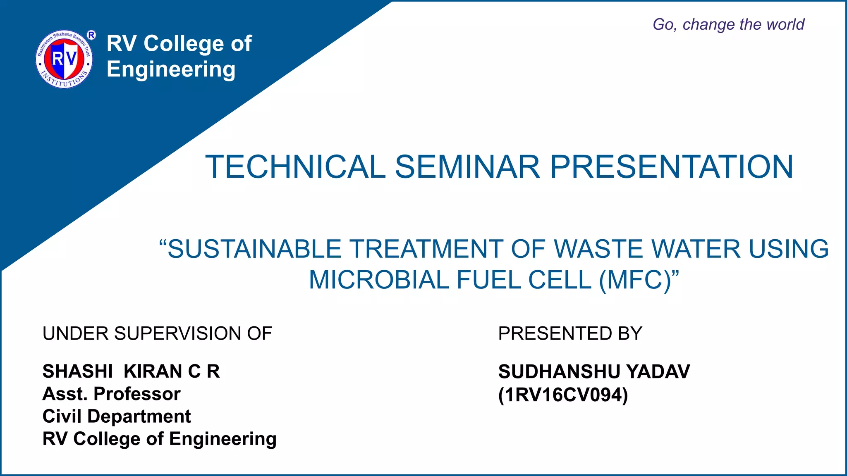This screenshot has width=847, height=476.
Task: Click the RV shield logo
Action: [64, 59]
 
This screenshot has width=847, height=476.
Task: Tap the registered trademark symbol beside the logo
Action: [91, 35]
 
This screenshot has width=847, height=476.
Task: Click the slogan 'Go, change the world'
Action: [728, 24]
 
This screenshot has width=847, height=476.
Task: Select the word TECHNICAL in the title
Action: [295, 167]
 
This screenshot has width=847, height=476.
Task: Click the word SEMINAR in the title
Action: [467, 167]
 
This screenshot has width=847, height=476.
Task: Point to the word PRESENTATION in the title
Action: [671, 167]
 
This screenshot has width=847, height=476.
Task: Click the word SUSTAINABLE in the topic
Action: [254, 249]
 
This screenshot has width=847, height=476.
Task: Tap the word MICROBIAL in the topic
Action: [379, 280]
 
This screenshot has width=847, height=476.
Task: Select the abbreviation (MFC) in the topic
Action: [635, 280]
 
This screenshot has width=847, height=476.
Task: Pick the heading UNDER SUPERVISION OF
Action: [157, 333]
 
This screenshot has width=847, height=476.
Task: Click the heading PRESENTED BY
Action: [570, 333]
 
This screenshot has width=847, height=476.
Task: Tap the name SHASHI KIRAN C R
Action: [131, 371]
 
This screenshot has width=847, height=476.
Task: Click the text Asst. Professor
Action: [111, 394]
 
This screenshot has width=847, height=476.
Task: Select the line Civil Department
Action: [117, 416]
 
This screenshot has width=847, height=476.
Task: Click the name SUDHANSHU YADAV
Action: [594, 371]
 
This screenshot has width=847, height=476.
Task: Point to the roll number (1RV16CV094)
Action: [563, 395]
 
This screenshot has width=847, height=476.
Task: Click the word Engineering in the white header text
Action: [171, 69]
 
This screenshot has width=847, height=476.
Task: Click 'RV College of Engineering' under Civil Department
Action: [159, 439]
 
